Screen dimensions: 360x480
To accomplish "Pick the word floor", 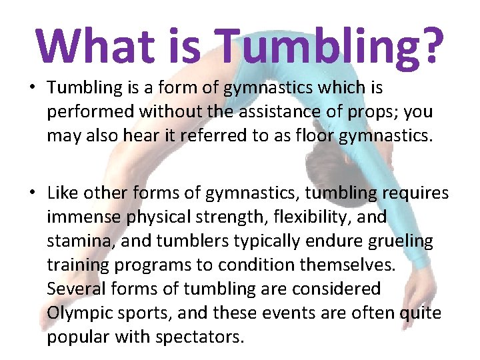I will (294, 136).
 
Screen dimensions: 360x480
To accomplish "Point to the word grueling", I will (399, 241).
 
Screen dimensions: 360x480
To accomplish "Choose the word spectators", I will (199, 337).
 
